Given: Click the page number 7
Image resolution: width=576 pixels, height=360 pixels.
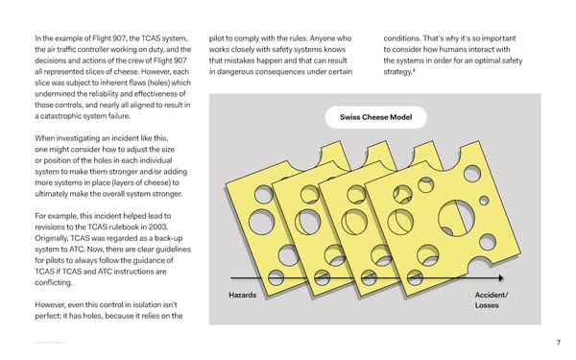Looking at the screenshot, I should [x=558, y=344].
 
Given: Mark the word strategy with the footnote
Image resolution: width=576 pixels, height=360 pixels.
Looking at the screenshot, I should [x=402, y=70].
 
